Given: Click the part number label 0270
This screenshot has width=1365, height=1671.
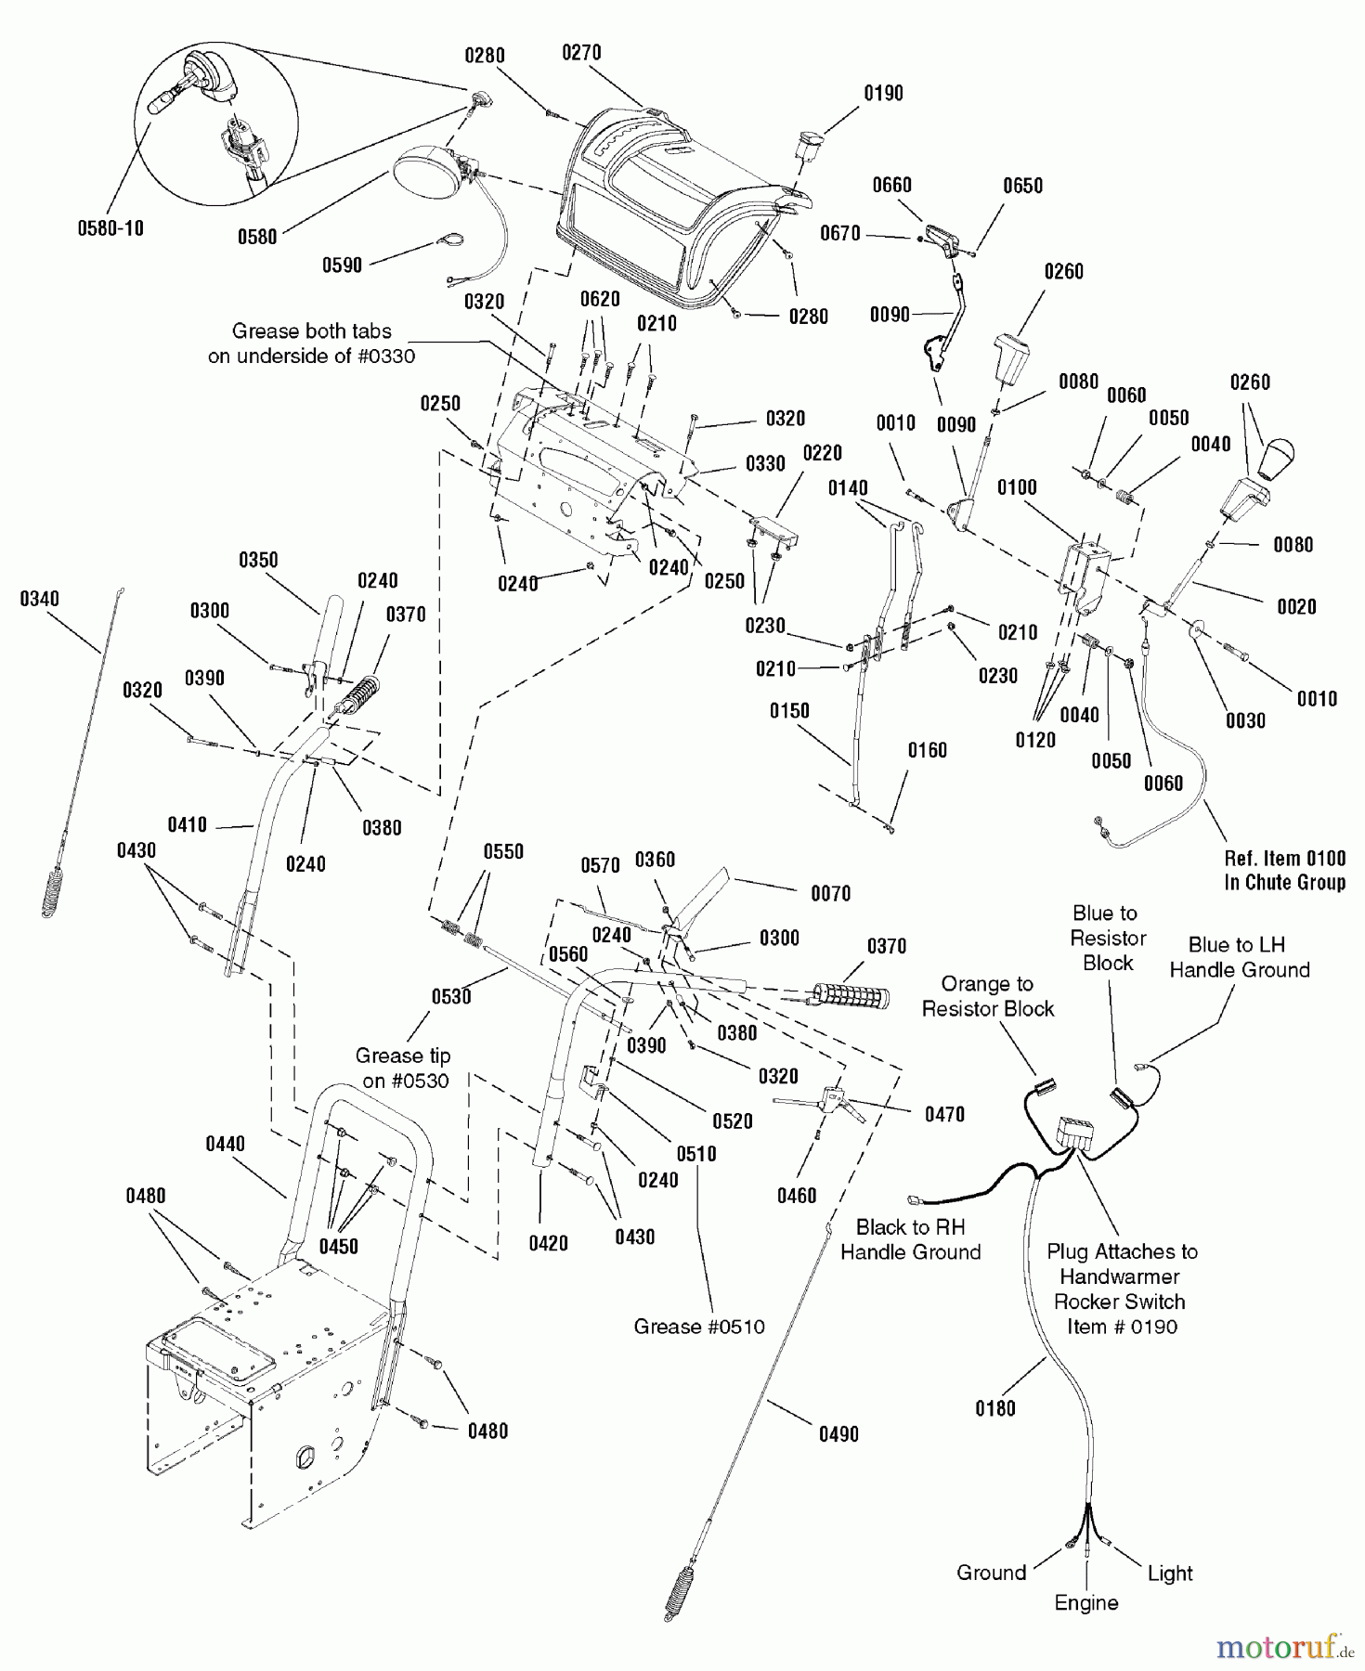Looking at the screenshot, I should [581, 53].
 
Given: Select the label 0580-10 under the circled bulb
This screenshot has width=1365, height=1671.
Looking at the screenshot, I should [110, 227].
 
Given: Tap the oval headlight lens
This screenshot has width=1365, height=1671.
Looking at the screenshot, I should [422, 174].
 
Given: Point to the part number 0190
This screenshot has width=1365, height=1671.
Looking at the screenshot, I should [883, 93].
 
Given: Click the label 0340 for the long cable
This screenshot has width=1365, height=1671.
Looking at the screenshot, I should [39, 600].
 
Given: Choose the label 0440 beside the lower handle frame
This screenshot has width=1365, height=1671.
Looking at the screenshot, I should [225, 1144].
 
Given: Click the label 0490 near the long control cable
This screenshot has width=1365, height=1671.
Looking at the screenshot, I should [838, 1434].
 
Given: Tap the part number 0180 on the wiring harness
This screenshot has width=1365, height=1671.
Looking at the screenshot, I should [994, 1408].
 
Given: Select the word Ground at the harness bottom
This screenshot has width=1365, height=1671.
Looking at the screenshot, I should [991, 1573].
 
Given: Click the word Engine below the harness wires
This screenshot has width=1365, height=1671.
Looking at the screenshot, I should [1086, 1603].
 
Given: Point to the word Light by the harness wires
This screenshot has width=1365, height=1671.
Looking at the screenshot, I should [1169, 1574].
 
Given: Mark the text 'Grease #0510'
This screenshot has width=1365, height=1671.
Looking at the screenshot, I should [699, 1327].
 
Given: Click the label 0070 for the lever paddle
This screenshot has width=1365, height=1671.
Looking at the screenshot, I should [830, 893].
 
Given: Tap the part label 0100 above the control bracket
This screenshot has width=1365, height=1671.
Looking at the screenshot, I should [1017, 487].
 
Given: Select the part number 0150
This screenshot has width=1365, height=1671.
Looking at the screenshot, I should [789, 711].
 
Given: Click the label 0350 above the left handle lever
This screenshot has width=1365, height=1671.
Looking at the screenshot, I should [258, 560].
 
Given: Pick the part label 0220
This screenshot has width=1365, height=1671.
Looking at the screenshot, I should [822, 453].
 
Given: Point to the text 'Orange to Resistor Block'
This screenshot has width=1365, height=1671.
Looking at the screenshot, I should [987, 996].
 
